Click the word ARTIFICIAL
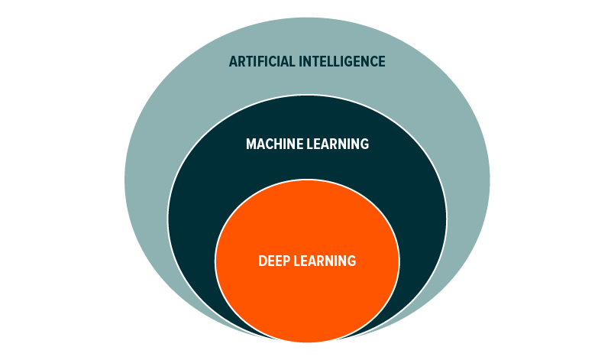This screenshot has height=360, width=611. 262,62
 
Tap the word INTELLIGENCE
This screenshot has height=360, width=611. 341,62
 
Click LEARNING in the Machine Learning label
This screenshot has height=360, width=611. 338,144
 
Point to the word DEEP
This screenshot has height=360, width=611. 272,261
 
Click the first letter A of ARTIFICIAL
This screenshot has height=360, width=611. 233,62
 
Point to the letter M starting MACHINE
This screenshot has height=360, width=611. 251,144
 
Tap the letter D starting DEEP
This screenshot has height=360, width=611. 262,261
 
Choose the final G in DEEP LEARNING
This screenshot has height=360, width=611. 351,261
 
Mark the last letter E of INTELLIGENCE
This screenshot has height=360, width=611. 382,62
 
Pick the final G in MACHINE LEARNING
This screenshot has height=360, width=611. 364,144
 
